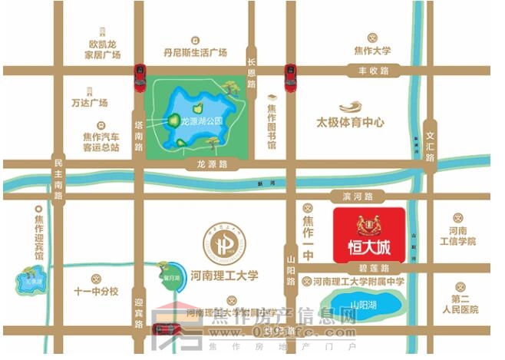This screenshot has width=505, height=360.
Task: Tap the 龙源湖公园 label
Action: tap(202, 121)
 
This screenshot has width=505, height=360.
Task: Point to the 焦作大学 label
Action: tap(372, 51)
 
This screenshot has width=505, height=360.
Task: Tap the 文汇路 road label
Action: tap(430, 140)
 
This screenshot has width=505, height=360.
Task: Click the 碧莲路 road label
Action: tap(374, 268)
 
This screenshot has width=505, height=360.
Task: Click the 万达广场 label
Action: tap(89, 102)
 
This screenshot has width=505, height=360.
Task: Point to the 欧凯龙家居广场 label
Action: tap(104, 50)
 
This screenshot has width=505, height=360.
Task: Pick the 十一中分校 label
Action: tap(96, 291)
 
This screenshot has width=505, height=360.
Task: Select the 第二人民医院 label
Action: tap(464, 304)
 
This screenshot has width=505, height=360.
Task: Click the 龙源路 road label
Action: tap(212, 164)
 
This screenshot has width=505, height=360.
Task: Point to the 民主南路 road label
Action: tap(58, 179)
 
